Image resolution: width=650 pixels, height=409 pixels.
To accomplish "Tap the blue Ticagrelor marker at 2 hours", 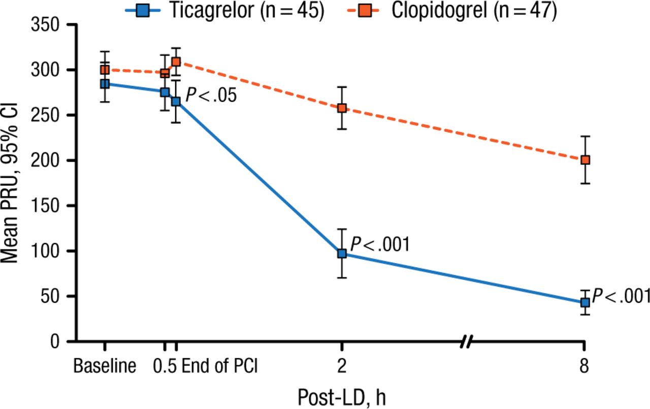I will (x=342, y=253).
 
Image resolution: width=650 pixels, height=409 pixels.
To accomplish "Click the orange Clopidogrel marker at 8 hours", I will (x=585, y=160).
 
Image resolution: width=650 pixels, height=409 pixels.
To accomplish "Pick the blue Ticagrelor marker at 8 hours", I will (x=585, y=302).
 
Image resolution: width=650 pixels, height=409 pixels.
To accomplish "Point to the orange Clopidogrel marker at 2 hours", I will (x=342, y=108).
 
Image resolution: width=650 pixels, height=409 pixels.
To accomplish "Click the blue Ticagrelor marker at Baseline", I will (x=105, y=83).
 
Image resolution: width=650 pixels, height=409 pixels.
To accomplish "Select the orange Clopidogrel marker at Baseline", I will (x=105, y=70).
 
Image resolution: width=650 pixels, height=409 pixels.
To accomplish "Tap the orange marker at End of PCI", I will (x=176, y=62).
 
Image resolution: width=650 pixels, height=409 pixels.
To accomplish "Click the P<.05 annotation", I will (x=210, y=95).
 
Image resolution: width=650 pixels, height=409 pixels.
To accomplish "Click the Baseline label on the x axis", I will (x=105, y=366).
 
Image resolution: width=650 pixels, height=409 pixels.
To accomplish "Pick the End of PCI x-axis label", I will (x=220, y=366).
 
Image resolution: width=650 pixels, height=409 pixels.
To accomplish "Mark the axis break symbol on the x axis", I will (x=466, y=341).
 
